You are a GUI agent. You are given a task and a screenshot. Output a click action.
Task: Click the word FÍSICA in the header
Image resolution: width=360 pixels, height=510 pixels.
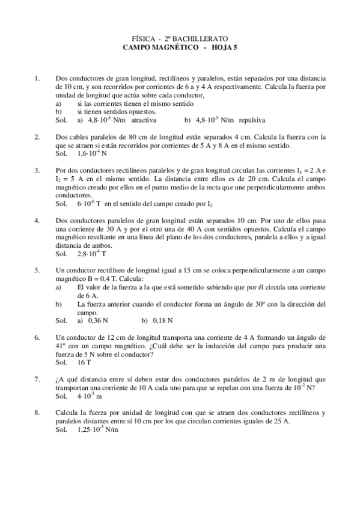142,37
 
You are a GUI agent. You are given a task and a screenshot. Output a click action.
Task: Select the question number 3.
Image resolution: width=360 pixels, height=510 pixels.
37,170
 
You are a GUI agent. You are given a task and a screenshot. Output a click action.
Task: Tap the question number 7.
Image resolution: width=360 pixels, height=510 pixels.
37,379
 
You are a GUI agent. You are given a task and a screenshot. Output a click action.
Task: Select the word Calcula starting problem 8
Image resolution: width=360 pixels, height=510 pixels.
67,413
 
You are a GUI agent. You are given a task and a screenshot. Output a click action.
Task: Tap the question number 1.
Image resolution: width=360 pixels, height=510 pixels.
37,78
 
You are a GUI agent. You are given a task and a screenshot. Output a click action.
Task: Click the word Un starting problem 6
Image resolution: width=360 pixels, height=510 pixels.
59,337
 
